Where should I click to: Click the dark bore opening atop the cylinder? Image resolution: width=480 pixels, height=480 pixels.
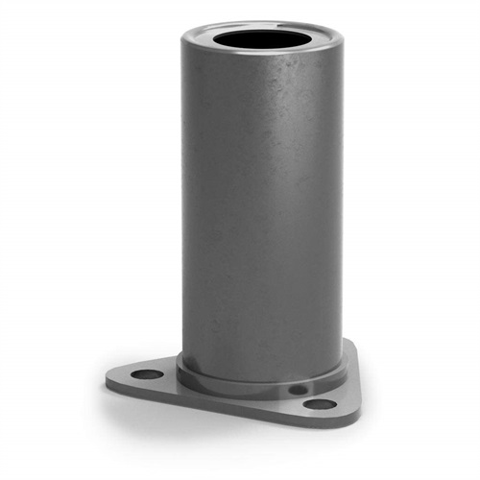[x=261, y=40]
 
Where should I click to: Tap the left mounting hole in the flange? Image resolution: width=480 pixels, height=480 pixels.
[x=146, y=374]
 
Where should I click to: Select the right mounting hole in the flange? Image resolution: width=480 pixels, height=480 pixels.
[x=320, y=403]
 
